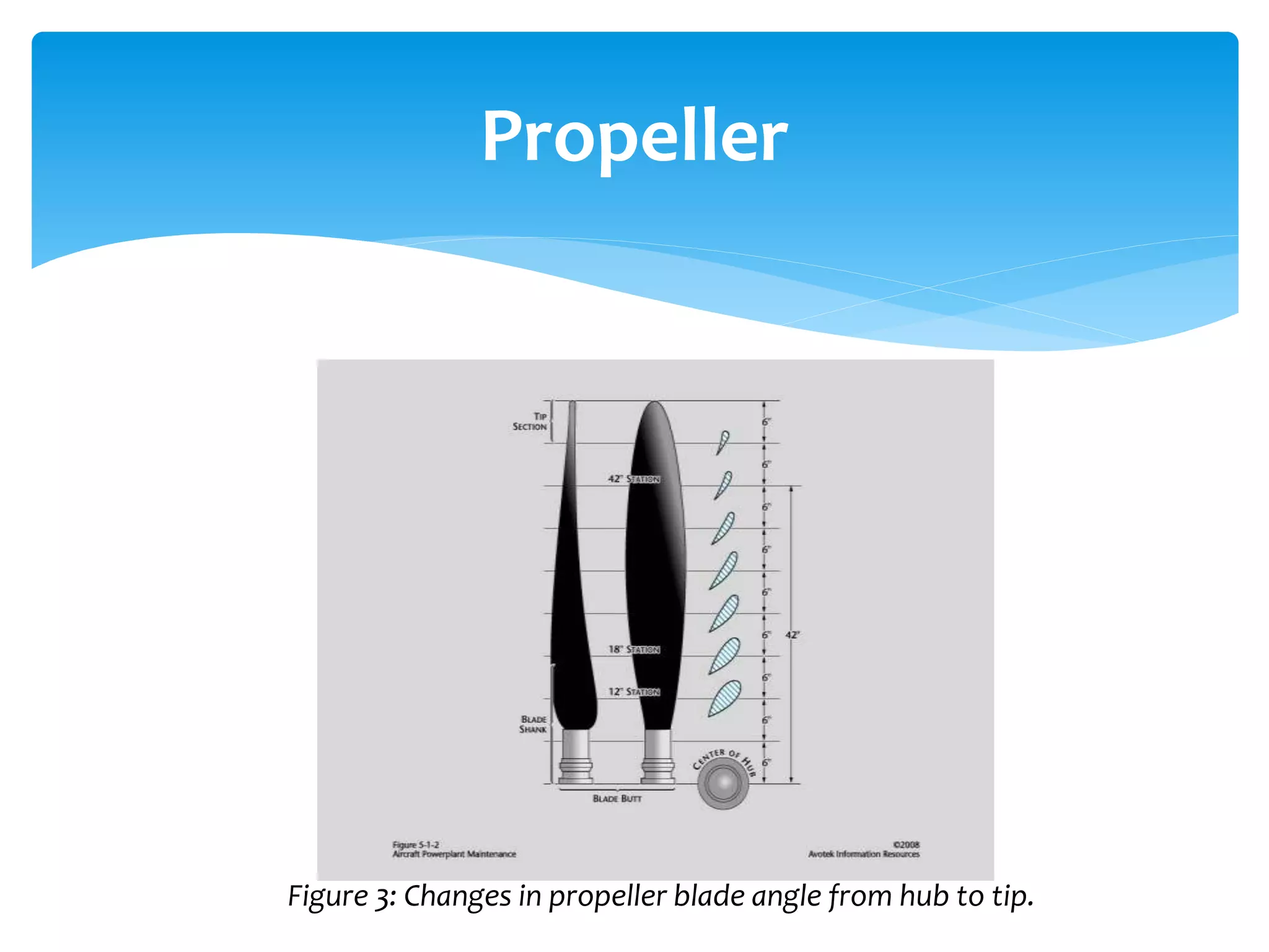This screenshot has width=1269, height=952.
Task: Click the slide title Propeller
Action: pos(634,136)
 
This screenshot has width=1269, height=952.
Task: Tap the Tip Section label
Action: pos(530,421)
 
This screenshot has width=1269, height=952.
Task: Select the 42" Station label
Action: pos(633,479)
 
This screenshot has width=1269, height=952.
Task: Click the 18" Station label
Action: pos(633,650)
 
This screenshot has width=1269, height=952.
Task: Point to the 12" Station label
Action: pos(633,692)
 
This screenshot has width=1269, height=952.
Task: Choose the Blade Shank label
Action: pos(533,725)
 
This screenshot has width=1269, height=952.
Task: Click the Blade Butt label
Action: pos(617,799)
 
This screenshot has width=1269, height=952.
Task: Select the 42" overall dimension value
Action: pos(793,635)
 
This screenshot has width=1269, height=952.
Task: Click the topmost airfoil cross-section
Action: pos(722,442)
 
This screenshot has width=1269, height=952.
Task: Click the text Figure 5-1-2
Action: pos(416,845)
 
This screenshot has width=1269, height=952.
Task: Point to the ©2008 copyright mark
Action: pos(906,845)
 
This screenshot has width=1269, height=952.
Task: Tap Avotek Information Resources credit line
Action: pos(863,854)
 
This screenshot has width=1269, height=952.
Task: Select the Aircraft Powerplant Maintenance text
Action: pos(454,854)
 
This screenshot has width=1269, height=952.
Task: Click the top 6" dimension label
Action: pos(766,422)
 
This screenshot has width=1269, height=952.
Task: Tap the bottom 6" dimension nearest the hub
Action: pos(766,762)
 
